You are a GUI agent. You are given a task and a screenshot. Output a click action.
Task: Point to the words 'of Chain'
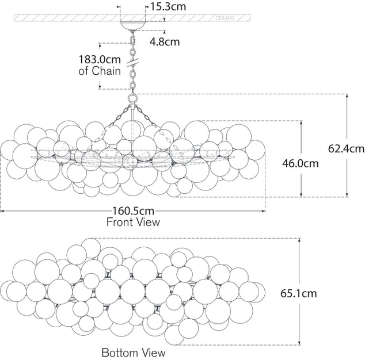tap(100, 71)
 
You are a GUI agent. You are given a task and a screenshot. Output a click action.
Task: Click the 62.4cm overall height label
tap(347, 148)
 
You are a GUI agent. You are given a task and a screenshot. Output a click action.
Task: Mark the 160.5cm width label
tap(134, 211)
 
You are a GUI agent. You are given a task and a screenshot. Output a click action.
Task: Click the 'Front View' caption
tap(134, 222)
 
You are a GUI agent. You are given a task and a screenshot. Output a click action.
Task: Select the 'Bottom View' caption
tap(133, 353)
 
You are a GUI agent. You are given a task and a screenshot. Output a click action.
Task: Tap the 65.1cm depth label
tap(298, 293)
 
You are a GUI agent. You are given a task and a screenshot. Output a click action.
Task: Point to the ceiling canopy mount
tap(133, 25)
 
